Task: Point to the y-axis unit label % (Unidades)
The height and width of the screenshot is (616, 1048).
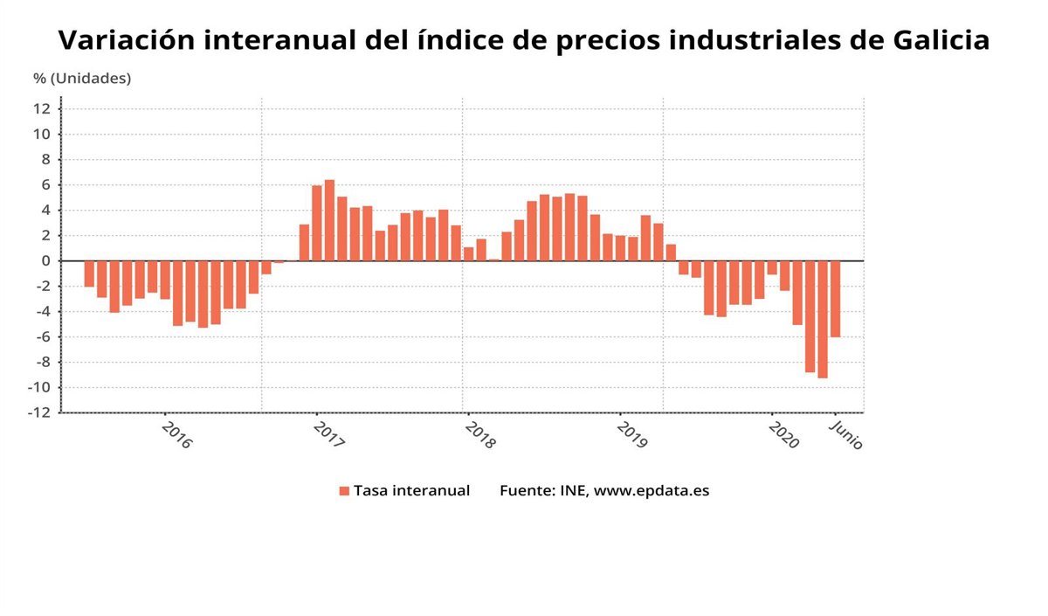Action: click(x=82, y=79)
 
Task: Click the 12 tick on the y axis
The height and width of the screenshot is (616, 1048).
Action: click(x=42, y=109)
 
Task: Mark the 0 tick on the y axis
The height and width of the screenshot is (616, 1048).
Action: click(x=45, y=261)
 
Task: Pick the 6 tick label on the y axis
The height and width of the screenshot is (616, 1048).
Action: click(x=45, y=185)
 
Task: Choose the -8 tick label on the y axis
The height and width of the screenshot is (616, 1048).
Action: click(x=41, y=363)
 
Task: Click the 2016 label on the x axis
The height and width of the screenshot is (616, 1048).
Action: click(x=177, y=434)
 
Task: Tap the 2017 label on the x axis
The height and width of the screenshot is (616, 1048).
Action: click(x=329, y=434)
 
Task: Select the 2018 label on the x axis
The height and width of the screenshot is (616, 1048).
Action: click(x=479, y=434)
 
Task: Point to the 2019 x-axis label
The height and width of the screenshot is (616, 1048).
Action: click(x=631, y=434)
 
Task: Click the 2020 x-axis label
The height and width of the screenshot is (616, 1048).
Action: click(x=783, y=434)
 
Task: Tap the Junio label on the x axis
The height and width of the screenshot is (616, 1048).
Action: click(x=845, y=434)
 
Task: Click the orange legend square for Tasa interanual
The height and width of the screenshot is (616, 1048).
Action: click(x=344, y=491)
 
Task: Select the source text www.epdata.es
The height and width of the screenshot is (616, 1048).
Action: click(x=652, y=491)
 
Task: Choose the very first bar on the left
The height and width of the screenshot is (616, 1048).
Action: click(x=89, y=273)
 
